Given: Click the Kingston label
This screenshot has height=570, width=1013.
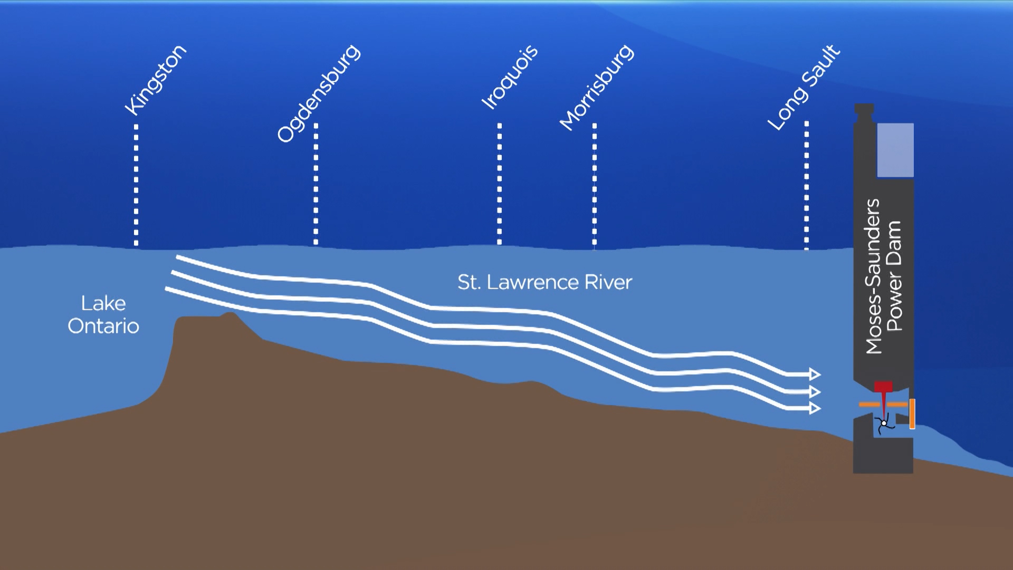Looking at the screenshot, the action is pyautogui.click(x=156, y=80).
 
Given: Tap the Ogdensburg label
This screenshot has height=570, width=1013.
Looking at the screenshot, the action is pyautogui.click(x=319, y=93).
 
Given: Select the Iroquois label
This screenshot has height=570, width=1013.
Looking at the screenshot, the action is pyautogui.click(x=510, y=77).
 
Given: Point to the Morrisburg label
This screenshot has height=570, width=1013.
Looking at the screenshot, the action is pyautogui.click(x=597, y=88).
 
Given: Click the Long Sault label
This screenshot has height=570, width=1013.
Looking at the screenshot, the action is pyautogui.click(x=804, y=88).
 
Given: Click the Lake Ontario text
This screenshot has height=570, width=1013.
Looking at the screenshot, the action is pyautogui.click(x=103, y=315).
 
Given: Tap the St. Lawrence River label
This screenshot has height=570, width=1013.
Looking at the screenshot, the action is pyautogui.click(x=544, y=282).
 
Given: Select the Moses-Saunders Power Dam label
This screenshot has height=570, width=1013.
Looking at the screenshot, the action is pyautogui.click(x=884, y=276).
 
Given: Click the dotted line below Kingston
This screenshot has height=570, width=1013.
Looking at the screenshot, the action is pyautogui.click(x=136, y=185).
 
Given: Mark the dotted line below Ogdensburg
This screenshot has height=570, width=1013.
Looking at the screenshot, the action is pyautogui.click(x=316, y=184).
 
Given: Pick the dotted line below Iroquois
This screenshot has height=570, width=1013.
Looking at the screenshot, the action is pyautogui.click(x=499, y=184).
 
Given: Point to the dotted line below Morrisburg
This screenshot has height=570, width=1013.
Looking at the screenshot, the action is pyautogui.click(x=595, y=184).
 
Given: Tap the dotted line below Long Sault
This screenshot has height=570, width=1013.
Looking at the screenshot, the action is pyautogui.click(x=806, y=185).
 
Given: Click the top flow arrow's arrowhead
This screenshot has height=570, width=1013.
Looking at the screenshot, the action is pyautogui.click(x=815, y=374).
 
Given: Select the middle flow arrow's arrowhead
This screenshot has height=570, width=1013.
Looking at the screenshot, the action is pyautogui.click(x=815, y=392).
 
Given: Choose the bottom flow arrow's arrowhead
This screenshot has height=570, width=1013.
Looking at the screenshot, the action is pyautogui.click(x=815, y=408).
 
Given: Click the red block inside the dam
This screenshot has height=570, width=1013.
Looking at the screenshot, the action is pyautogui.click(x=884, y=387).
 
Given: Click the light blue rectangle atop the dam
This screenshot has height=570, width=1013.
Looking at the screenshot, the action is pyautogui.click(x=895, y=150).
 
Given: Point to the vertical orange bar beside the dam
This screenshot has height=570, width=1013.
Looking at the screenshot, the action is pyautogui.click(x=912, y=414).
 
